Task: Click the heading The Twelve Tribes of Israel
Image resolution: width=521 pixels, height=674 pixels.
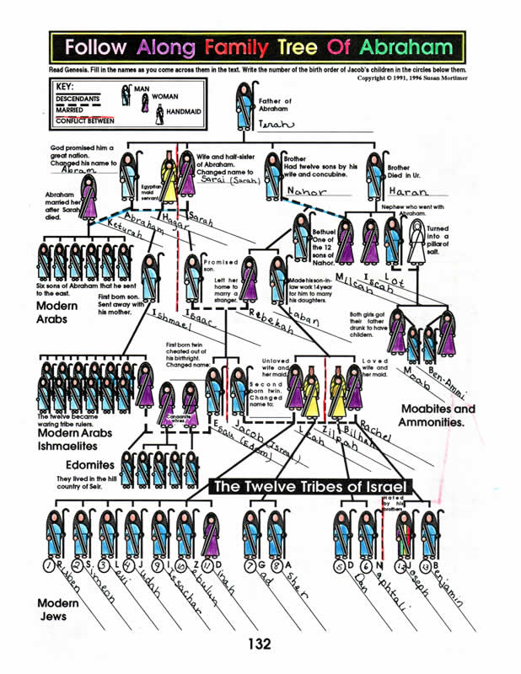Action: [x=312, y=487]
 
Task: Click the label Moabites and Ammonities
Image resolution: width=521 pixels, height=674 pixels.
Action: [x=438, y=415]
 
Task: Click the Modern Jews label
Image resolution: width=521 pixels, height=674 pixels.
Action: [x=58, y=611]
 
